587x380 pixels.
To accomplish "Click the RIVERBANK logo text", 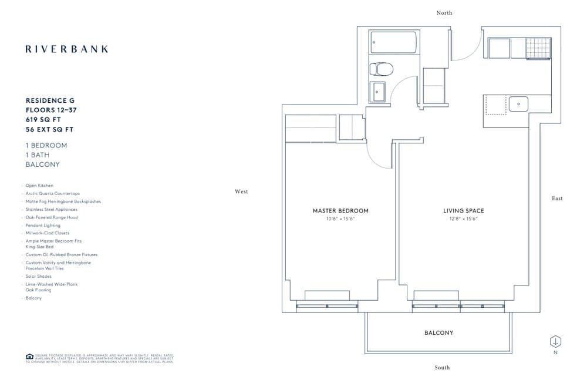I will (x=67, y=49).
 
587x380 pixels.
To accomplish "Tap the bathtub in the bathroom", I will (x=393, y=42).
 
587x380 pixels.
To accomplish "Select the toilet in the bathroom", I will (x=380, y=70).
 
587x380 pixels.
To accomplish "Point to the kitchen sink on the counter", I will (x=518, y=105).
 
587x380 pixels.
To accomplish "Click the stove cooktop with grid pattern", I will (x=539, y=48).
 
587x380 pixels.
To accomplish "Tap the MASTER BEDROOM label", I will (x=340, y=211).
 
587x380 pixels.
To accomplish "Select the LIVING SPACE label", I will (x=463, y=211).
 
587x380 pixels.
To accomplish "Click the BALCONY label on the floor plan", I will (x=438, y=333).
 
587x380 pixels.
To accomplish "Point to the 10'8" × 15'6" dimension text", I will (x=340, y=219).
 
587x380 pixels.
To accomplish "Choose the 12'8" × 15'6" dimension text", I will (x=463, y=219).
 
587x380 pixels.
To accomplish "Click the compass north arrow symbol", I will (x=555, y=341).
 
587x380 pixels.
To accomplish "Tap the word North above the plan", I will (x=444, y=13).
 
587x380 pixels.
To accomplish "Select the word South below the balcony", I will (x=442, y=368).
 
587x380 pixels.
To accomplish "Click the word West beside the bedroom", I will (x=241, y=191).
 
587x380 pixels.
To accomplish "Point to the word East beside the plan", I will (x=557, y=199).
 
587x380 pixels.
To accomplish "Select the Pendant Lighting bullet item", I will (x=40, y=226).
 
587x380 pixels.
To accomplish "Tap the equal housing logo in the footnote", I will (x=29, y=357).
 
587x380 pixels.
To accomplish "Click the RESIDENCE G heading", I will (x=50, y=101).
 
